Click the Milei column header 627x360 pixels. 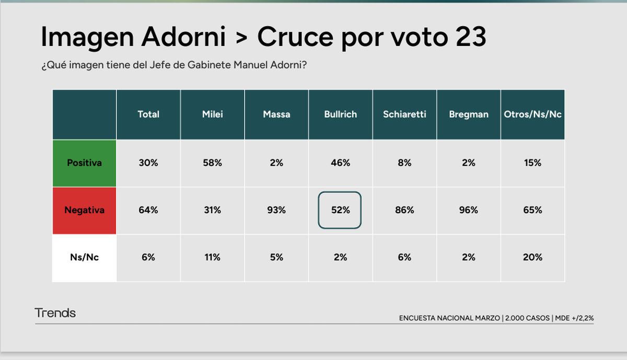212,114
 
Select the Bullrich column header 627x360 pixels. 340,114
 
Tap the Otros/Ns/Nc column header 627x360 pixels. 532,114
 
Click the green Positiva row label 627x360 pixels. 84,162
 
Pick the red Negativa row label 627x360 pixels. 84,210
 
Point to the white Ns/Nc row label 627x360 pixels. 84,257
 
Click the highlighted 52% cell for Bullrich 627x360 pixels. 340,210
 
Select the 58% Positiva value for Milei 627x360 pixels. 212,162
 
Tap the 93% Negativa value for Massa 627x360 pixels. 276,210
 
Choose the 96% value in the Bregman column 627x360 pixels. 469,210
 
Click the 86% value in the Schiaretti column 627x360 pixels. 404,210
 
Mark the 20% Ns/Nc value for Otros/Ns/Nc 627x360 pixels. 532,257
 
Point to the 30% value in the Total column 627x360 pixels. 148,162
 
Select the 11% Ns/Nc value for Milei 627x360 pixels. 212,257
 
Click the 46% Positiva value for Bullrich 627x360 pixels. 340,162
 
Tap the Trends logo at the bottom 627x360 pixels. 55,313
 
